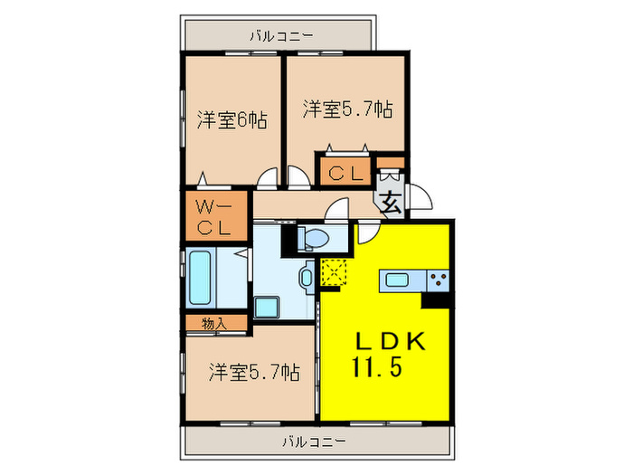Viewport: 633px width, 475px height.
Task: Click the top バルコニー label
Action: (281, 36)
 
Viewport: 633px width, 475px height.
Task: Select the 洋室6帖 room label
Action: (231, 119)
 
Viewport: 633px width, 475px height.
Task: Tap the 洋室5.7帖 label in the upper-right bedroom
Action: (347, 109)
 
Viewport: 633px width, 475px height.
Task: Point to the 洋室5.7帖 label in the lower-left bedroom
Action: (254, 371)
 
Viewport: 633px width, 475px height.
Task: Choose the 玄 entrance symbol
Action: (390, 203)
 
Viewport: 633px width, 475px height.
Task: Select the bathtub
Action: (200, 278)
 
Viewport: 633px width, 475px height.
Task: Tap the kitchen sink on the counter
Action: (397, 280)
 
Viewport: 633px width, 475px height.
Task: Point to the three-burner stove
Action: (439, 280)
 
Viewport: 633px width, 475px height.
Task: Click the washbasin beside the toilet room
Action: (307, 276)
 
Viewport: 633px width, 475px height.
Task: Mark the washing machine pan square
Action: (269, 307)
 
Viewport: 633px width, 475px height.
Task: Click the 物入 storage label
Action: (213, 322)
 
